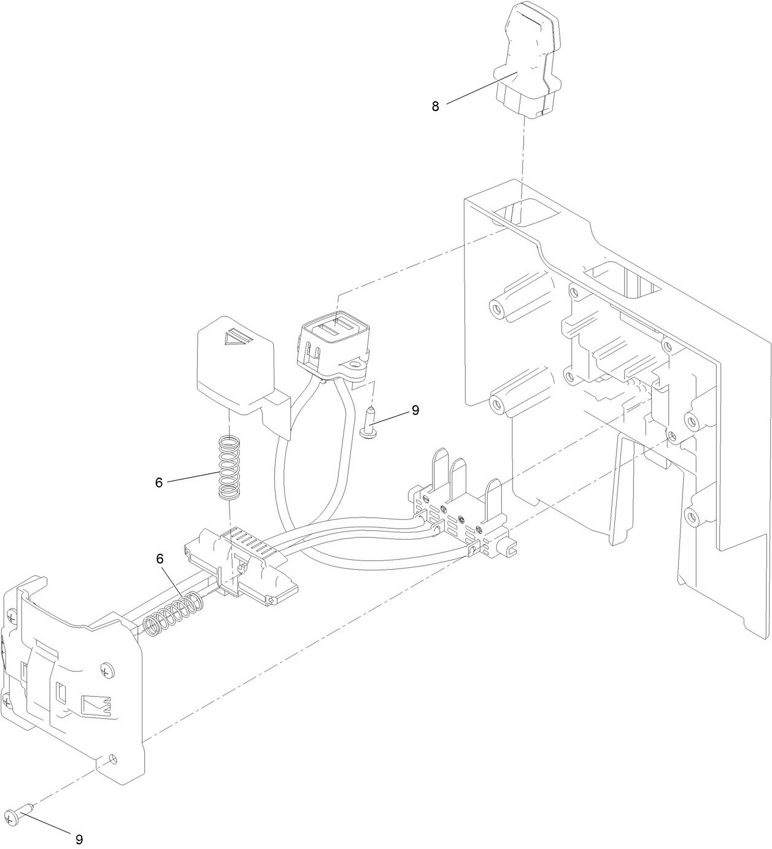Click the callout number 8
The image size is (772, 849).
(435, 106)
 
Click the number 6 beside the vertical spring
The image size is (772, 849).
(158, 483)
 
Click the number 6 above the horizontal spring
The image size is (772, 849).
(160, 559)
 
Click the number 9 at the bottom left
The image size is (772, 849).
(79, 839)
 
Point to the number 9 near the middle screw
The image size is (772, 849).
(415, 410)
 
